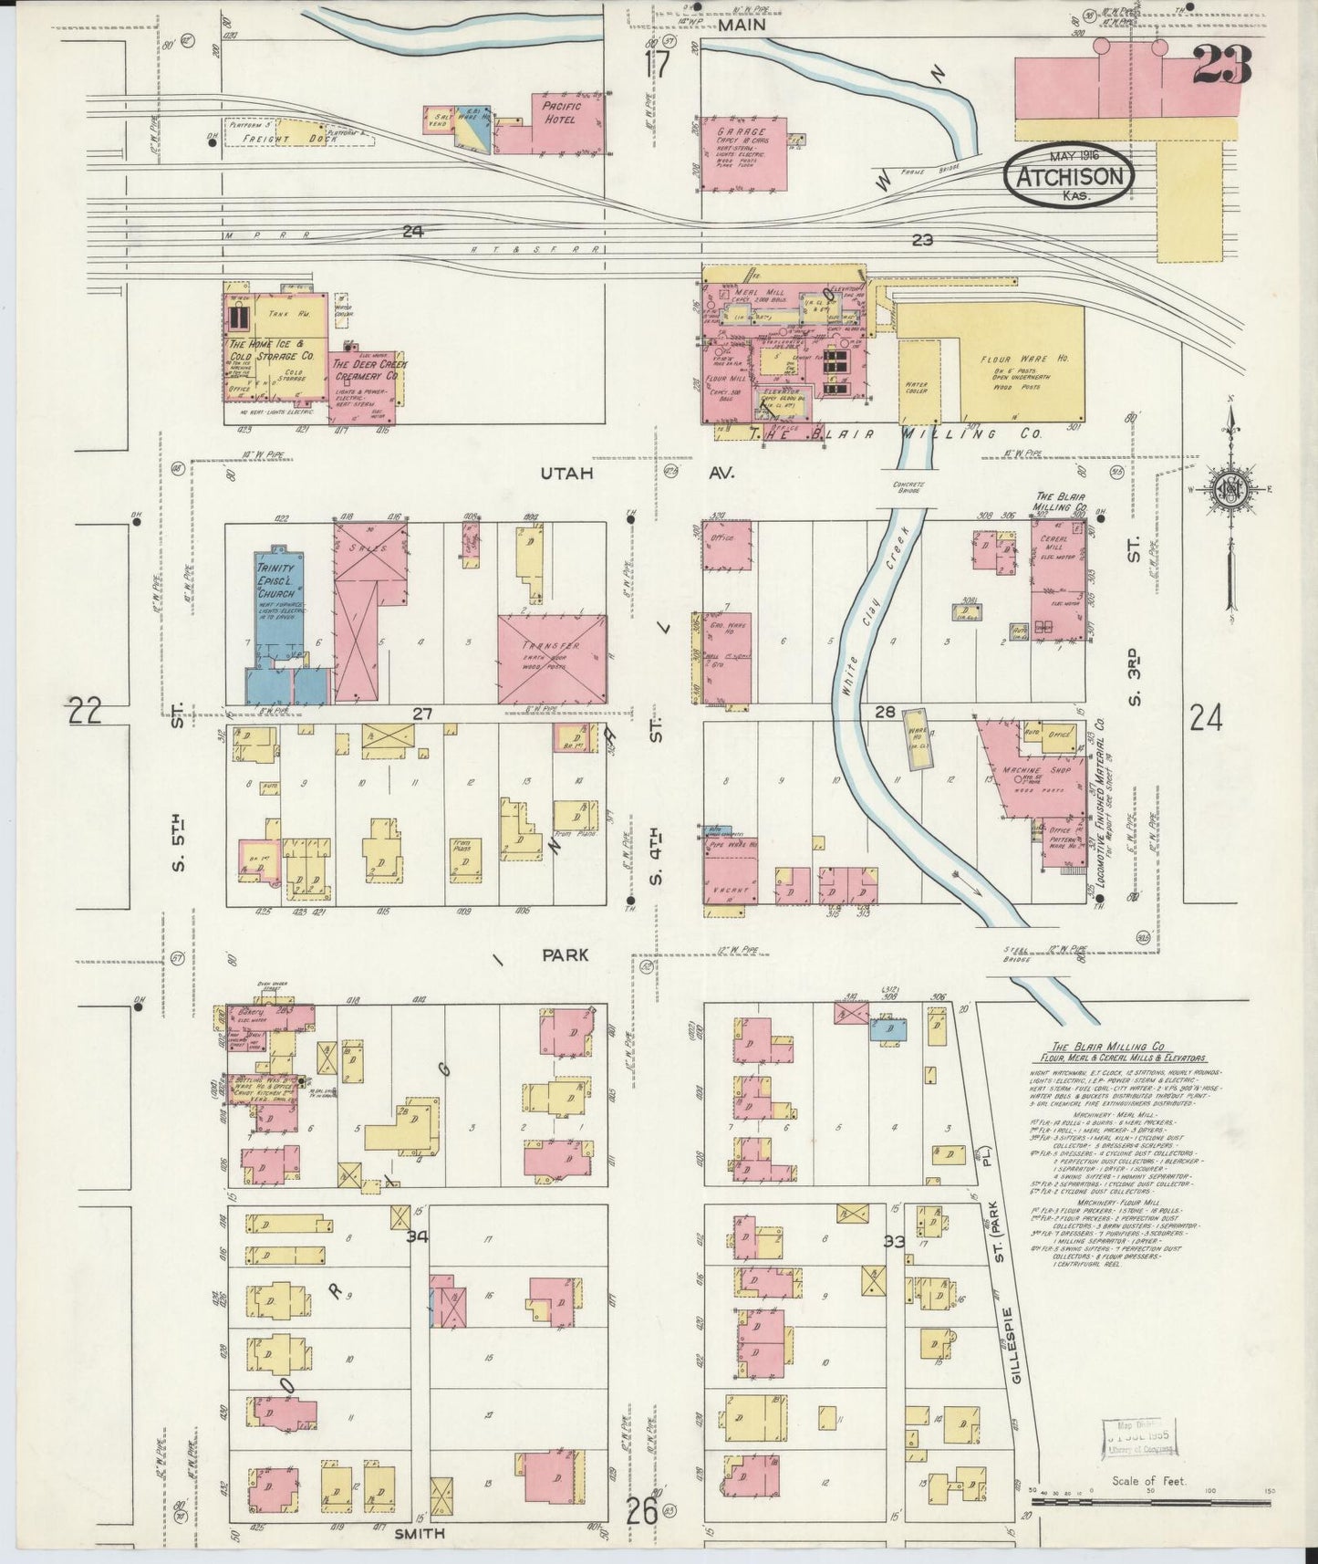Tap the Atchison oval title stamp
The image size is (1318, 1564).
click(x=1069, y=174)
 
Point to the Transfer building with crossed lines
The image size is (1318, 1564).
click(x=552, y=658)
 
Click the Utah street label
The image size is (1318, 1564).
click(x=566, y=474)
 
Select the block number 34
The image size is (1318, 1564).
click(x=419, y=1237)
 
